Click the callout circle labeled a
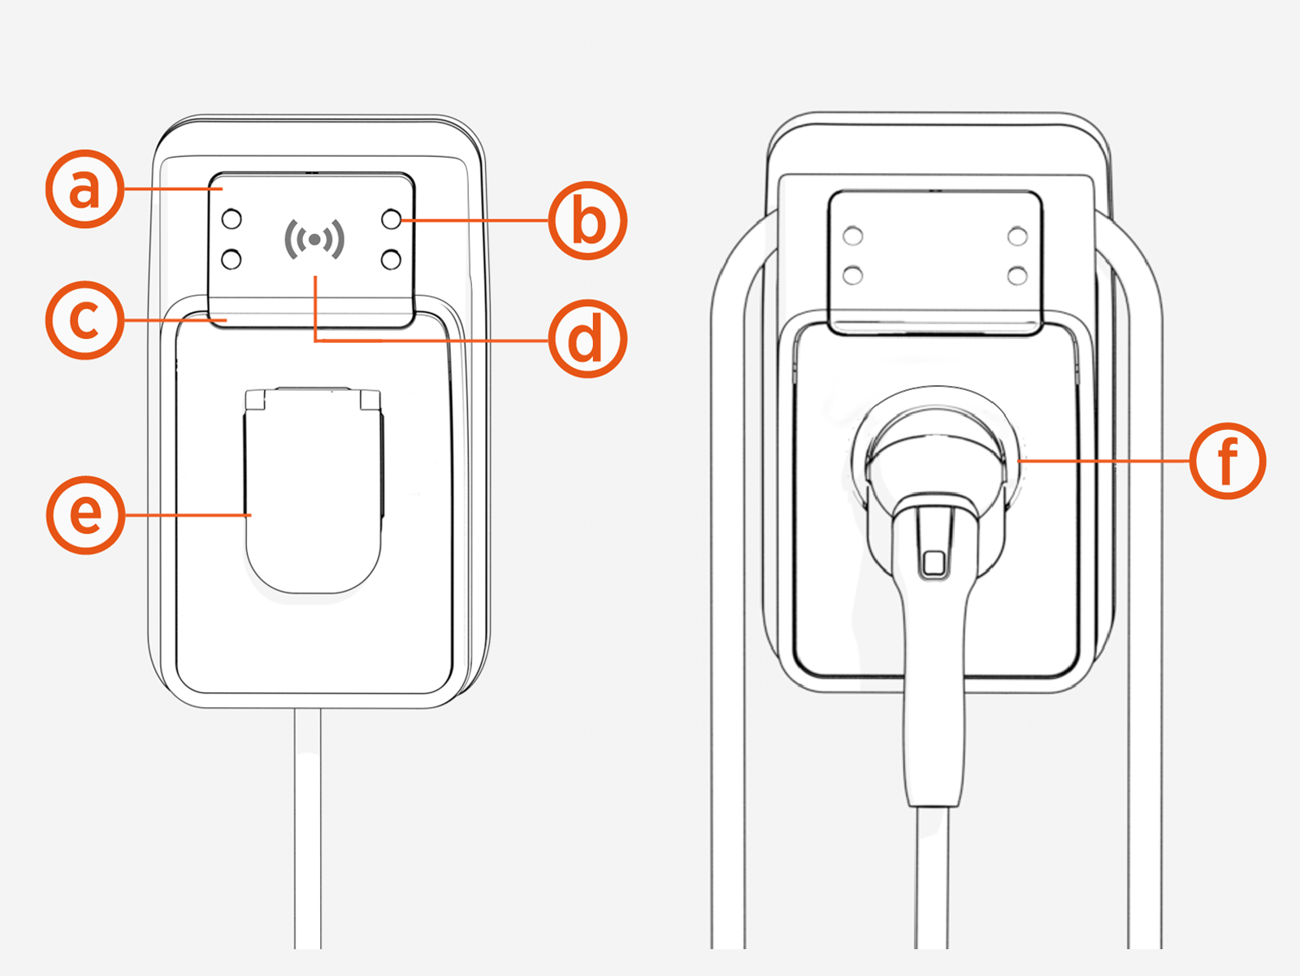(84, 189)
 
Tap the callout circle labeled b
(587, 221)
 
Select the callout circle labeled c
(84, 320)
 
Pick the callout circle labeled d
(587, 340)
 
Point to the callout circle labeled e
(85, 515)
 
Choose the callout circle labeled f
(1227, 461)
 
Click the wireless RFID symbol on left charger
(314, 239)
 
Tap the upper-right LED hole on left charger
(392, 219)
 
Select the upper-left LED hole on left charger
(232, 219)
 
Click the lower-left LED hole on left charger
(232, 259)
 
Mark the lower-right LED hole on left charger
(392, 259)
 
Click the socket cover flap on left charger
(314, 496)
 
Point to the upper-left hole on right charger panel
(853, 236)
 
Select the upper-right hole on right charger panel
(1017, 236)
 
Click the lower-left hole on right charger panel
(853, 275)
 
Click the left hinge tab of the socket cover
(256, 400)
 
